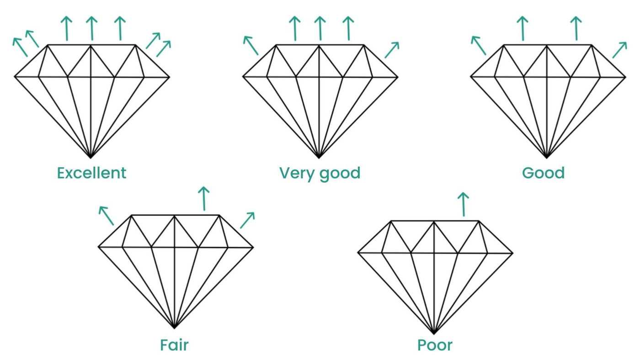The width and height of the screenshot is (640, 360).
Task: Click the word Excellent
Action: pos(91,173)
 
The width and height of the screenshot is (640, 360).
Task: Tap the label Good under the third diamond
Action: pos(543,173)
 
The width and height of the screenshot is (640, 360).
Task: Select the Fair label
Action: pos(174,344)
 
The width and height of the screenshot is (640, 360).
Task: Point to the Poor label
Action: pos(435,344)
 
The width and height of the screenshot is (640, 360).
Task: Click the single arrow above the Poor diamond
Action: pos(463,204)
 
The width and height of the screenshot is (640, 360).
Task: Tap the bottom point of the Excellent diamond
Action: pos(91,158)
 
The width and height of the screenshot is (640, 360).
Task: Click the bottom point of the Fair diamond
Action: pos(175,328)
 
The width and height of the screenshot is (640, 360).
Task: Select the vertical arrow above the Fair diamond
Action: pos(204,198)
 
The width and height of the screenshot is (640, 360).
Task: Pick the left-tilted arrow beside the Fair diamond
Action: pos(106,216)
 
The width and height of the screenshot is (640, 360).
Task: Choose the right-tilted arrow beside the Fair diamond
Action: pos(247,220)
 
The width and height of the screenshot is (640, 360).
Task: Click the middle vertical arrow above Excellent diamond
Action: pos(91,28)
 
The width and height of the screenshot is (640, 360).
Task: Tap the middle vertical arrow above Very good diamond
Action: pos(320,28)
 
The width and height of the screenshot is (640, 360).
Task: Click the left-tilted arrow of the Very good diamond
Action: pos(251,45)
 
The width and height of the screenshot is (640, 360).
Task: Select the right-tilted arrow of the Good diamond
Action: pos(619,50)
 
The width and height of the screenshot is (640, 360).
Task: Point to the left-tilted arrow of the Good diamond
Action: pos(478,45)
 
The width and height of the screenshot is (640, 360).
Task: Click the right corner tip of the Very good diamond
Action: pos(397,77)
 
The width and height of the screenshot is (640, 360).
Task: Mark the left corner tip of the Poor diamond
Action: pos(359,252)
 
